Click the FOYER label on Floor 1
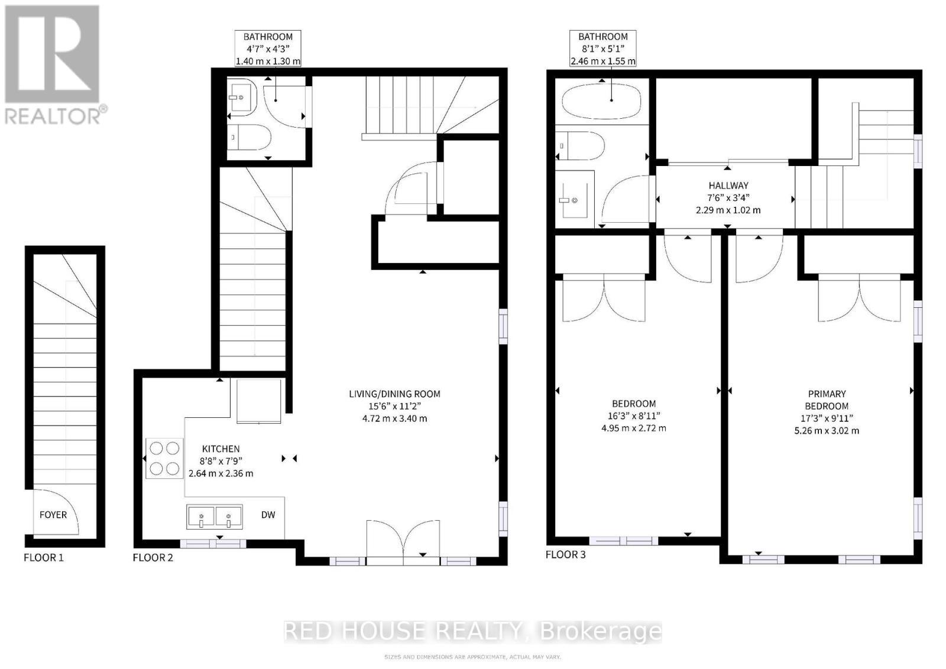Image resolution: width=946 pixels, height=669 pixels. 53,515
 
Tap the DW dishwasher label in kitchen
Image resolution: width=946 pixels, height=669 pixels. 268,515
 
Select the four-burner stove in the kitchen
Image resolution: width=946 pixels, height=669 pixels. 164,459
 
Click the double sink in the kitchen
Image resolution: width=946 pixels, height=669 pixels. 215,518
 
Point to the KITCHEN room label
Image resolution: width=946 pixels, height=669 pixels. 221,449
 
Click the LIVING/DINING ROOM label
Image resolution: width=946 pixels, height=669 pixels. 394,394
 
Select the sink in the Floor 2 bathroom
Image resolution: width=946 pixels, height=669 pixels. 241,97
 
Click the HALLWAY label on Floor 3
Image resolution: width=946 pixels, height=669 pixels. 728,186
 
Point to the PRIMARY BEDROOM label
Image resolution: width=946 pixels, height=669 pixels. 827,400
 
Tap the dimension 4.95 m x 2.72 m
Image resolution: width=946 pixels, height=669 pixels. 633,428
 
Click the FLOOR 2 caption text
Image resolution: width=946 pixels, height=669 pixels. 153,557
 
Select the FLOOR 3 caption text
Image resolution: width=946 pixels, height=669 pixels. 565,554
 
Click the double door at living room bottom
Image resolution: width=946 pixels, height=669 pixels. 403,540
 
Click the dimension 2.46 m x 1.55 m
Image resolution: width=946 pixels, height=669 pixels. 602,61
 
